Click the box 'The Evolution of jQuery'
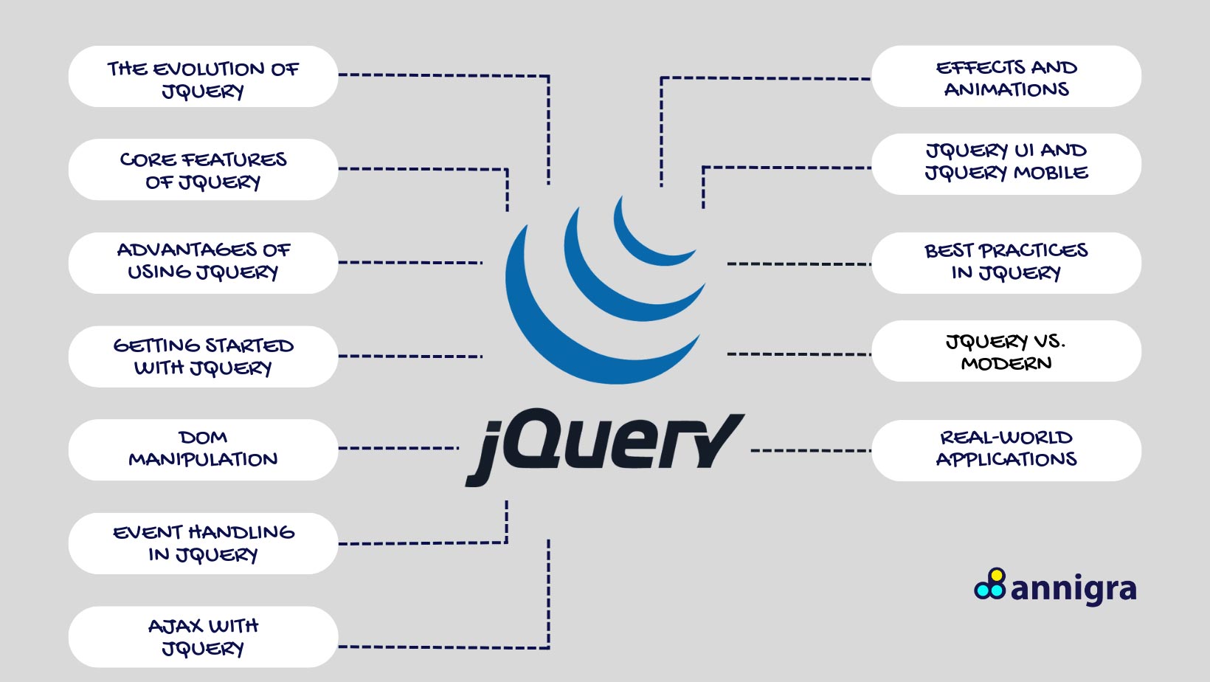(203, 76)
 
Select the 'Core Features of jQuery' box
(203, 170)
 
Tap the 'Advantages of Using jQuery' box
(203, 263)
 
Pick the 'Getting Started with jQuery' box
(203, 356)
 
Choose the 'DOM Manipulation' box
(203, 450)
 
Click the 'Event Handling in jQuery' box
(203, 544)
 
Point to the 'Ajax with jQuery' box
(203, 637)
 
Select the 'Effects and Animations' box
(1006, 76)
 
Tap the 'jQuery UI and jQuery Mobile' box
(1006, 165)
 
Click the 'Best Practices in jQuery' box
(1006, 263)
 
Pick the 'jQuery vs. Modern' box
(1006, 351)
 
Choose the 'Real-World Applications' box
(1006, 451)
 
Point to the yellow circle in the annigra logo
(998, 575)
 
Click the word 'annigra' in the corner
(1074, 590)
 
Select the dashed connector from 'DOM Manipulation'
(398, 448)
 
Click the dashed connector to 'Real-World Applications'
(811, 450)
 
